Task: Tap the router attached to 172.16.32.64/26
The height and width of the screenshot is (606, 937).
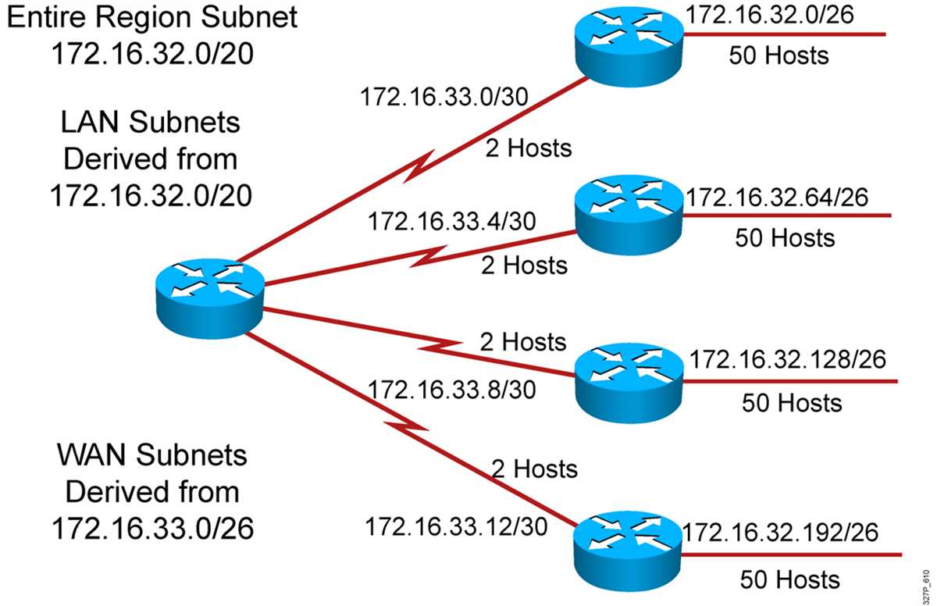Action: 629,215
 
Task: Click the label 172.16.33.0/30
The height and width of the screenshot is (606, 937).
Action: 444,97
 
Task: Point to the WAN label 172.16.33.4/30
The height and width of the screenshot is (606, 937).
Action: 451,221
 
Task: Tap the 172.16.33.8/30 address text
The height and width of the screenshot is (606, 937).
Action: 451,390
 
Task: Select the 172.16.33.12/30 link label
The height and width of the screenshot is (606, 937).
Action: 456,526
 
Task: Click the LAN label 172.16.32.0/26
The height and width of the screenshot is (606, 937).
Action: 770,15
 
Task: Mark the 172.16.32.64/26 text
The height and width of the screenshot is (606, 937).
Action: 777,197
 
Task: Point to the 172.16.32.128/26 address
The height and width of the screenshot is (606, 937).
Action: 788,359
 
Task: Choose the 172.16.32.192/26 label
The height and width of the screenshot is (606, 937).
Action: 781,532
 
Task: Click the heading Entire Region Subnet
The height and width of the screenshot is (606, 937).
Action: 152,16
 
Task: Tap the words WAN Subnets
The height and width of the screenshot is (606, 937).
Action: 152,454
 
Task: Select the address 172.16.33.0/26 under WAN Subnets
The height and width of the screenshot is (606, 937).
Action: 153,528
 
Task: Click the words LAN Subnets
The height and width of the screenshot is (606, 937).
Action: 151,122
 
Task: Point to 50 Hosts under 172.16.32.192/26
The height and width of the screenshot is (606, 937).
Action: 790,579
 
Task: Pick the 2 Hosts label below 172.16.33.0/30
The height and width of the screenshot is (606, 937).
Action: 529,148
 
